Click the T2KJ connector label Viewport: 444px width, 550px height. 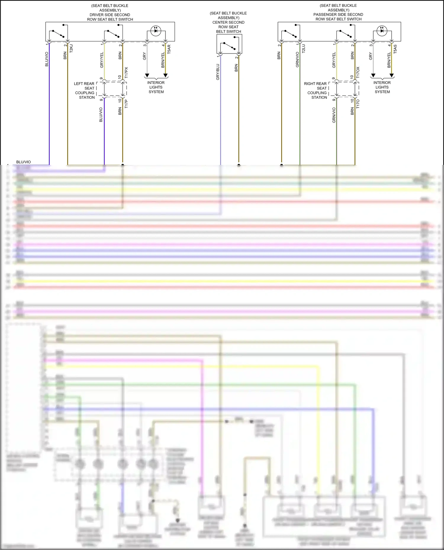point(71,48)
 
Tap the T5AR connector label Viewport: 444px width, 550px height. point(169,49)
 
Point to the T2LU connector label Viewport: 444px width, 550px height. point(303,48)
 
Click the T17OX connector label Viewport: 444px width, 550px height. point(358,72)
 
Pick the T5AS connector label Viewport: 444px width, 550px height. point(395,49)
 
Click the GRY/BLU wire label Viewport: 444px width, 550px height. point(218,72)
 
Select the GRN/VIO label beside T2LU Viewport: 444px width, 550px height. point(297,60)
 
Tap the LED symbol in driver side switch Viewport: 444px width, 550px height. point(156,30)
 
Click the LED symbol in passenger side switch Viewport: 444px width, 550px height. point(382,30)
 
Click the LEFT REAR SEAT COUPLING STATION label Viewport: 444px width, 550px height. point(84,90)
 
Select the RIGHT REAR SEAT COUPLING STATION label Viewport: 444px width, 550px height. point(316,90)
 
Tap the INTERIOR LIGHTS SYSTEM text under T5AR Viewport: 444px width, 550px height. point(156,87)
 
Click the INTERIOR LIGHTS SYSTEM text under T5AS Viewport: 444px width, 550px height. point(382,87)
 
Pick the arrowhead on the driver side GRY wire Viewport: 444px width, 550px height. point(147,75)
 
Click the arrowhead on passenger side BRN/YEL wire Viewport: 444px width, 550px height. point(392,75)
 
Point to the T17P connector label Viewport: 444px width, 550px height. point(126,104)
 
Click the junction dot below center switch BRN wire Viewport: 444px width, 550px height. point(239,165)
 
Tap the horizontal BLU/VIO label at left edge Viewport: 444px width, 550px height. point(23,162)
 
